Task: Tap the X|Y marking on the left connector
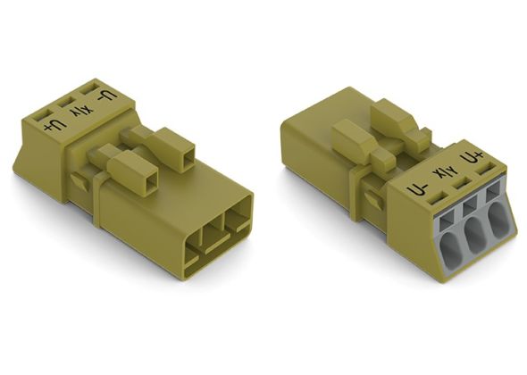point(79,112)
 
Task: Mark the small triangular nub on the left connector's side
point(79,182)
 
